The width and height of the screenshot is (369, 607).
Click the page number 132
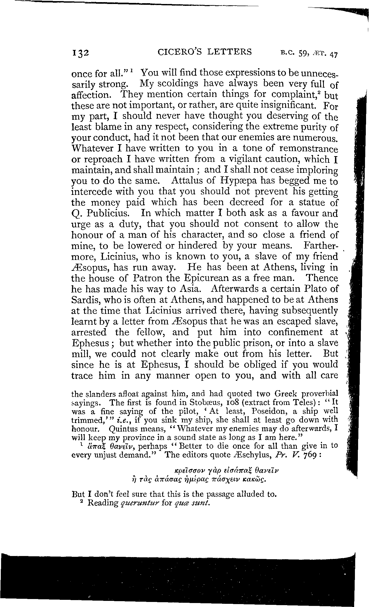(81, 53)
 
